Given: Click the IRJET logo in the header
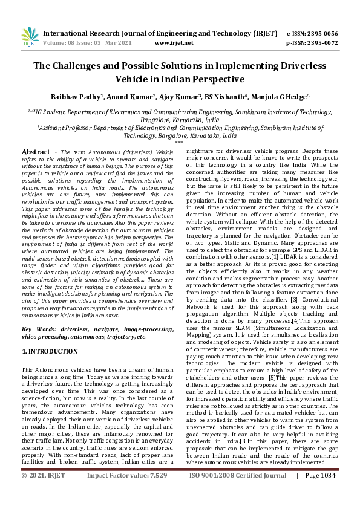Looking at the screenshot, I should coord(29,37).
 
